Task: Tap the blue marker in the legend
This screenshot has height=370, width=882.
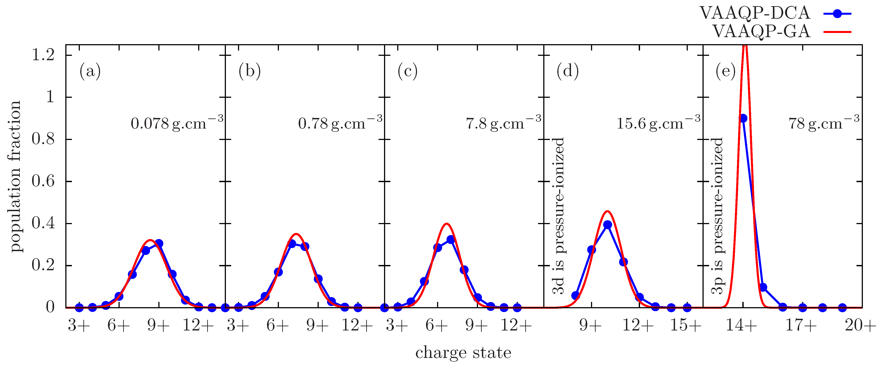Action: (x=837, y=14)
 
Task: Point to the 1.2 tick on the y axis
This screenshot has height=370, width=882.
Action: (x=43, y=55)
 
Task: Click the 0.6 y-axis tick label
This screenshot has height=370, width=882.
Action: (x=43, y=181)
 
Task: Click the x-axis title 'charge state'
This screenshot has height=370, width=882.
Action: (x=463, y=352)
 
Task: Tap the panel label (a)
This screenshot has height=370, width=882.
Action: (x=90, y=71)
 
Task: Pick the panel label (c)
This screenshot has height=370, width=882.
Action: (x=407, y=71)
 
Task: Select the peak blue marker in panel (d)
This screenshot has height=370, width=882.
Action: (x=608, y=225)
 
